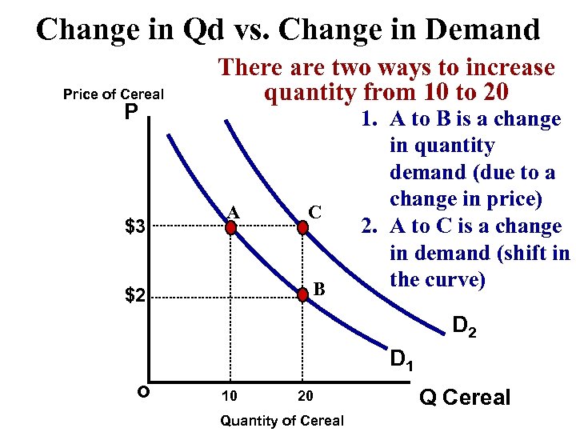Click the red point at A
pyautogui.click(x=231, y=228)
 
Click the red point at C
pyautogui.click(x=303, y=228)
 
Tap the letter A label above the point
pyautogui.click(x=233, y=211)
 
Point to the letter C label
pyautogui.click(x=315, y=212)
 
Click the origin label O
pyautogui.click(x=142, y=392)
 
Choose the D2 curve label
pyautogui.click(x=465, y=327)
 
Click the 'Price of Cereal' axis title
pyautogui.click(x=113, y=94)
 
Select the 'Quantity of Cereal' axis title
pyautogui.click(x=282, y=421)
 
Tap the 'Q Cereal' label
pyautogui.click(x=465, y=398)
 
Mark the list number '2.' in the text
pyautogui.click(x=369, y=226)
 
